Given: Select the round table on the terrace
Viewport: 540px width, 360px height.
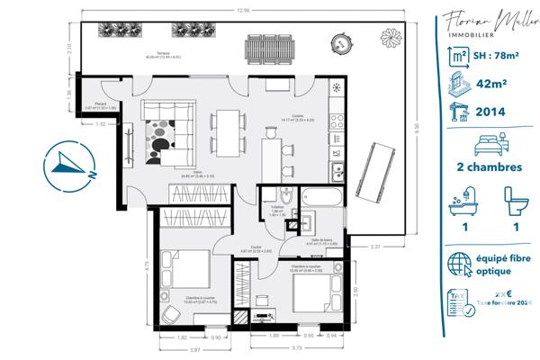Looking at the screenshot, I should [x=339, y=41].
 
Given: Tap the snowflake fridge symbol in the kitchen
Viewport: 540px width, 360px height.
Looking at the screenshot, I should [x=337, y=89].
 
